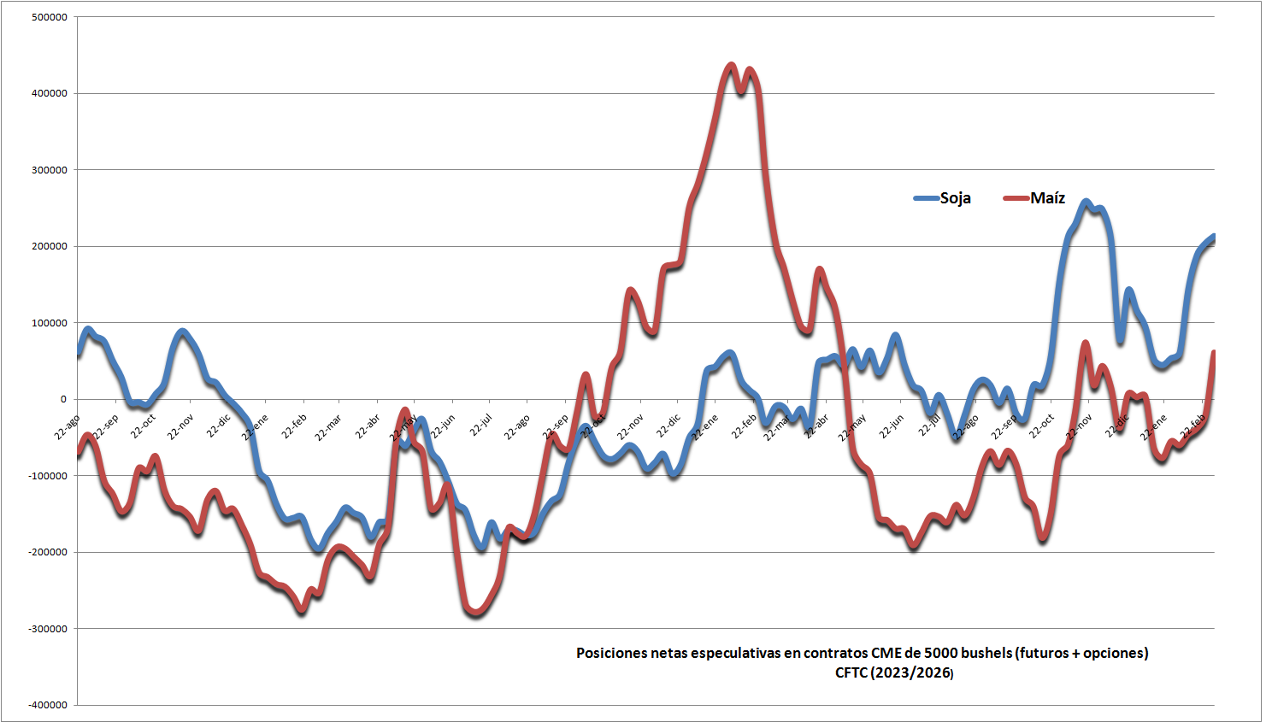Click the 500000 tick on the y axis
coord(50,17)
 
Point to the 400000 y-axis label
coord(50,93)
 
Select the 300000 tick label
coord(50,170)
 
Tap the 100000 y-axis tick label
coord(50,323)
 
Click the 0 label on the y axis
coord(63,399)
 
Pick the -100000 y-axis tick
coord(48,476)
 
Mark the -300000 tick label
coord(48,629)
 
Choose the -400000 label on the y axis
coord(48,705)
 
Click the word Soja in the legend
coord(956,198)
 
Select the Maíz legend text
coord(1047,198)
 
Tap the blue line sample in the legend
coord(927,198)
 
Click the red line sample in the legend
coord(1016,198)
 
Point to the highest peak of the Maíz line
coord(731,65)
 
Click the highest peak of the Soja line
coord(1086,203)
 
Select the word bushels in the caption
coord(986,654)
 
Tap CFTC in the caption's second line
coord(851,673)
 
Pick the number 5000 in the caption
coord(940,654)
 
